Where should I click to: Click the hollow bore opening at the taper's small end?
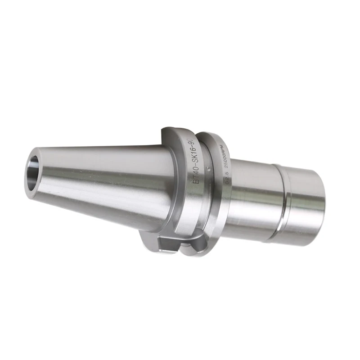coord(36,173)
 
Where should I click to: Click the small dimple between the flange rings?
coord(208,168)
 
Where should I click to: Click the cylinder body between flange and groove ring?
coord(252,193)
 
